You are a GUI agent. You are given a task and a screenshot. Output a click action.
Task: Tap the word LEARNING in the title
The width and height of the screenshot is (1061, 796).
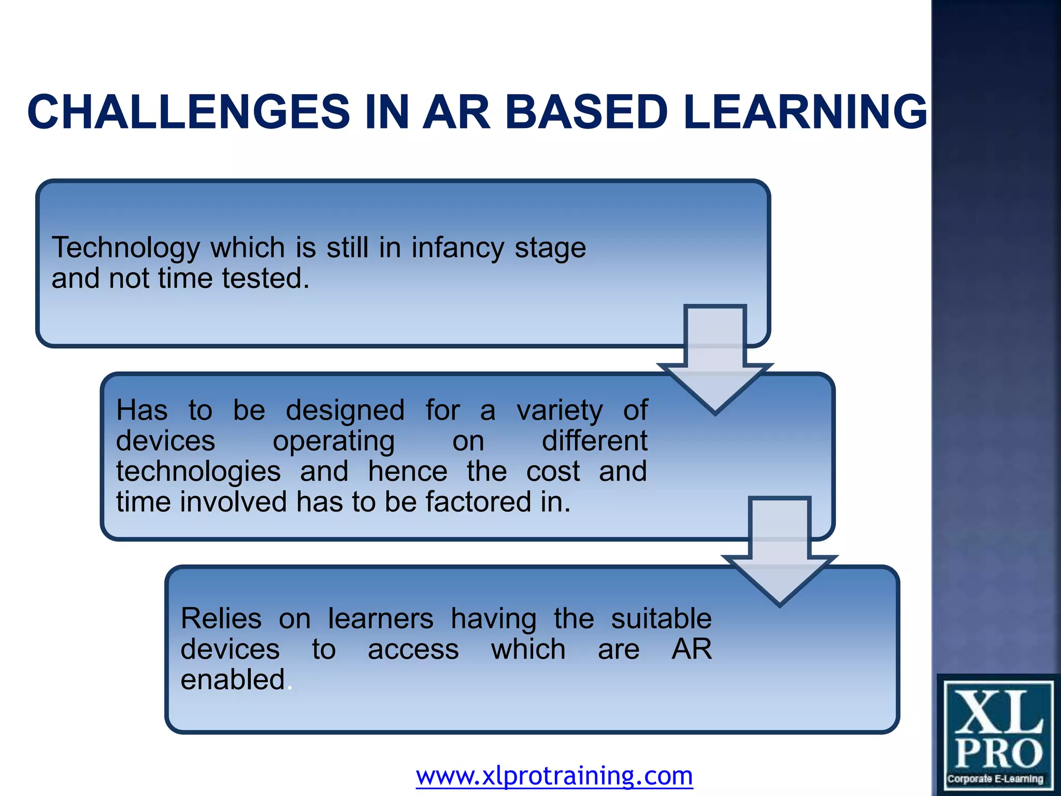point(805,112)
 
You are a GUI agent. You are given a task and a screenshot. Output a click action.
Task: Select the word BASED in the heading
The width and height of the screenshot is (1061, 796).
point(586,112)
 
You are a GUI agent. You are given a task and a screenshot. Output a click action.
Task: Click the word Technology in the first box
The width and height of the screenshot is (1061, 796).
point(125,248)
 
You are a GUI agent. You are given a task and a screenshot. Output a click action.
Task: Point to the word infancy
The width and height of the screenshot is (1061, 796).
point(457,248)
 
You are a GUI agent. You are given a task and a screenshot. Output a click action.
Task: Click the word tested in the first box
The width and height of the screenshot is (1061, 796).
point(265,278)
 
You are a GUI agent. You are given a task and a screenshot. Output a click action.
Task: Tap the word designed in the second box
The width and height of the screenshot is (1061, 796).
point(345,411)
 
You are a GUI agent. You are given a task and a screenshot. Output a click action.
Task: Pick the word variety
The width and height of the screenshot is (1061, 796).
point(560,411)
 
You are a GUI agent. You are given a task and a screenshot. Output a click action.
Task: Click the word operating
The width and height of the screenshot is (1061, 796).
point(334,442)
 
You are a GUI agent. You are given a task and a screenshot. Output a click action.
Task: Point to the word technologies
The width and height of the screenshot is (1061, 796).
point(198,472)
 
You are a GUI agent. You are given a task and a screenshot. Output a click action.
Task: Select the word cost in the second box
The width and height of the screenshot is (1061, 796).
point(553,472)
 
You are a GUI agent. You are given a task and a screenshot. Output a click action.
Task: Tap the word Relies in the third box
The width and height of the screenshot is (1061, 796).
point(221,619)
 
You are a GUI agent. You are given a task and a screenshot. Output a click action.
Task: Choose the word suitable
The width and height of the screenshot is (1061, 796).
point(661,619)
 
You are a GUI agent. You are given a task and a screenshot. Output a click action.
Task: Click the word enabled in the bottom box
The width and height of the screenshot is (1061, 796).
point(233,680)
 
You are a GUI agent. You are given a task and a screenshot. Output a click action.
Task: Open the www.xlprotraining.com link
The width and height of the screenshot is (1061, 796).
point(554,776)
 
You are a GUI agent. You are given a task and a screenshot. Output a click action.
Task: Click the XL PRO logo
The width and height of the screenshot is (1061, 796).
point(998,731)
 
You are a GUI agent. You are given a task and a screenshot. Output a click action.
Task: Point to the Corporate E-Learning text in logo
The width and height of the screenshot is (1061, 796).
point(995,779)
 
